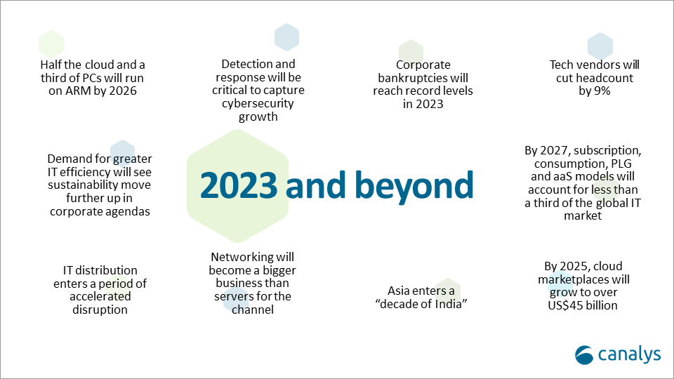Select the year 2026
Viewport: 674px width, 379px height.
pos(122,91)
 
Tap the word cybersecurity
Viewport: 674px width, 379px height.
pos(258,104)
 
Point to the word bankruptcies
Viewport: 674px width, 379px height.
pos(411,78)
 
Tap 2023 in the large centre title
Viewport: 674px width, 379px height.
pos(239,185)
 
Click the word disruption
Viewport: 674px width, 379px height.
pos(100,310)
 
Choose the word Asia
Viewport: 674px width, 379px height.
pos(398,291)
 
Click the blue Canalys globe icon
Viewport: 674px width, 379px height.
pos(585,355)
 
